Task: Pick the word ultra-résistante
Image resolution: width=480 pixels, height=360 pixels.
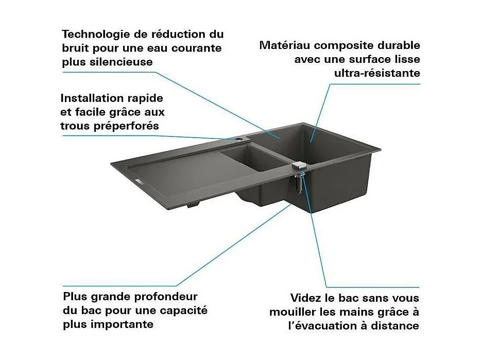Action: pos(377,73)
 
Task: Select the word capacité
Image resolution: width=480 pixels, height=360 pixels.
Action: pos(182,311)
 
